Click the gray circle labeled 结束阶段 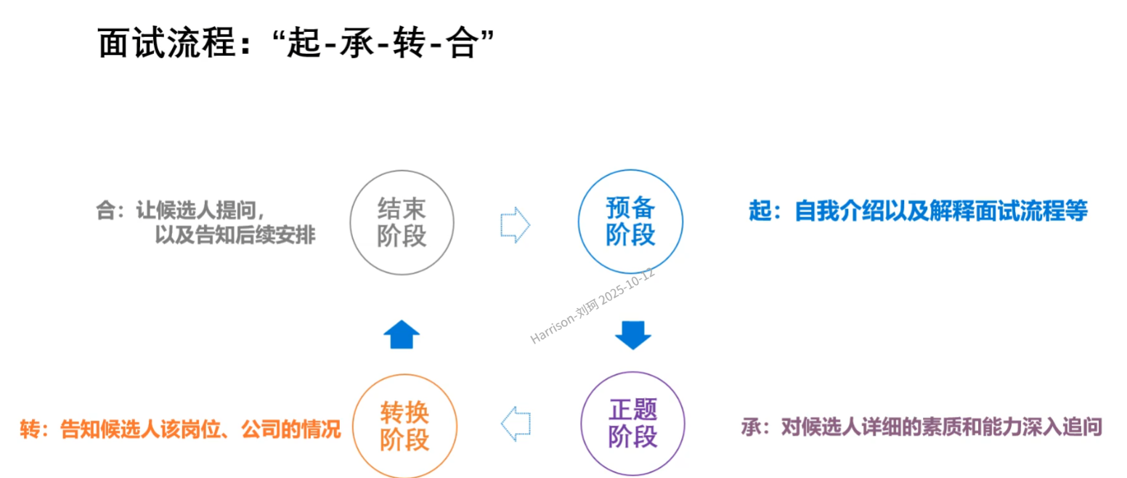(402, 222)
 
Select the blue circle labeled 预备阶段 (630, 222)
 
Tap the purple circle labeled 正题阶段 (632, 424)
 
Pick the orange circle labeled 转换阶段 (404, 426)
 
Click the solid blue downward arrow (632, 335)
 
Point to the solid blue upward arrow (402, 335)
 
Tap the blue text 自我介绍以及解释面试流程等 (941, 211)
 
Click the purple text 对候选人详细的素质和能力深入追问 (941, 426)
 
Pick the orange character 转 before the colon (29, 429)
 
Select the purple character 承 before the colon (751, 426)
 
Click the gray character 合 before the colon (106, 211)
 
